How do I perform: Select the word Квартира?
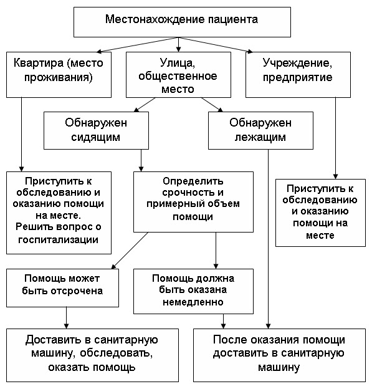(x=39, y=63)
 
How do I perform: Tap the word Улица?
(x=178, y=63)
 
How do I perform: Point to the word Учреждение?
(x=297, y=64)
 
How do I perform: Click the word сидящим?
(x=96, y=137)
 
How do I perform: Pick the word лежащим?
(x=260, y=137)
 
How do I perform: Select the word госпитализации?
(x=59, y=239)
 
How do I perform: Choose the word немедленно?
(x=193, y=302)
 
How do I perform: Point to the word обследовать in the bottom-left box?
(x=116, y=353)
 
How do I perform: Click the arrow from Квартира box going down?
(x=22, y=134)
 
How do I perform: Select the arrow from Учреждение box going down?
(x=335, y=138)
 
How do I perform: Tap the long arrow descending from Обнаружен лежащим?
(x=268, y=239)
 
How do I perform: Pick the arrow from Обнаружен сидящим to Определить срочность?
(x=141, y=160)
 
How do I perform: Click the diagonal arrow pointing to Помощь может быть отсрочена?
(x=130, y=251)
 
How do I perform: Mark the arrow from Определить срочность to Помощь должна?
(x=216, y=251)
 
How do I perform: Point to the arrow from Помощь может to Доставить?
(x=66, y=318)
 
